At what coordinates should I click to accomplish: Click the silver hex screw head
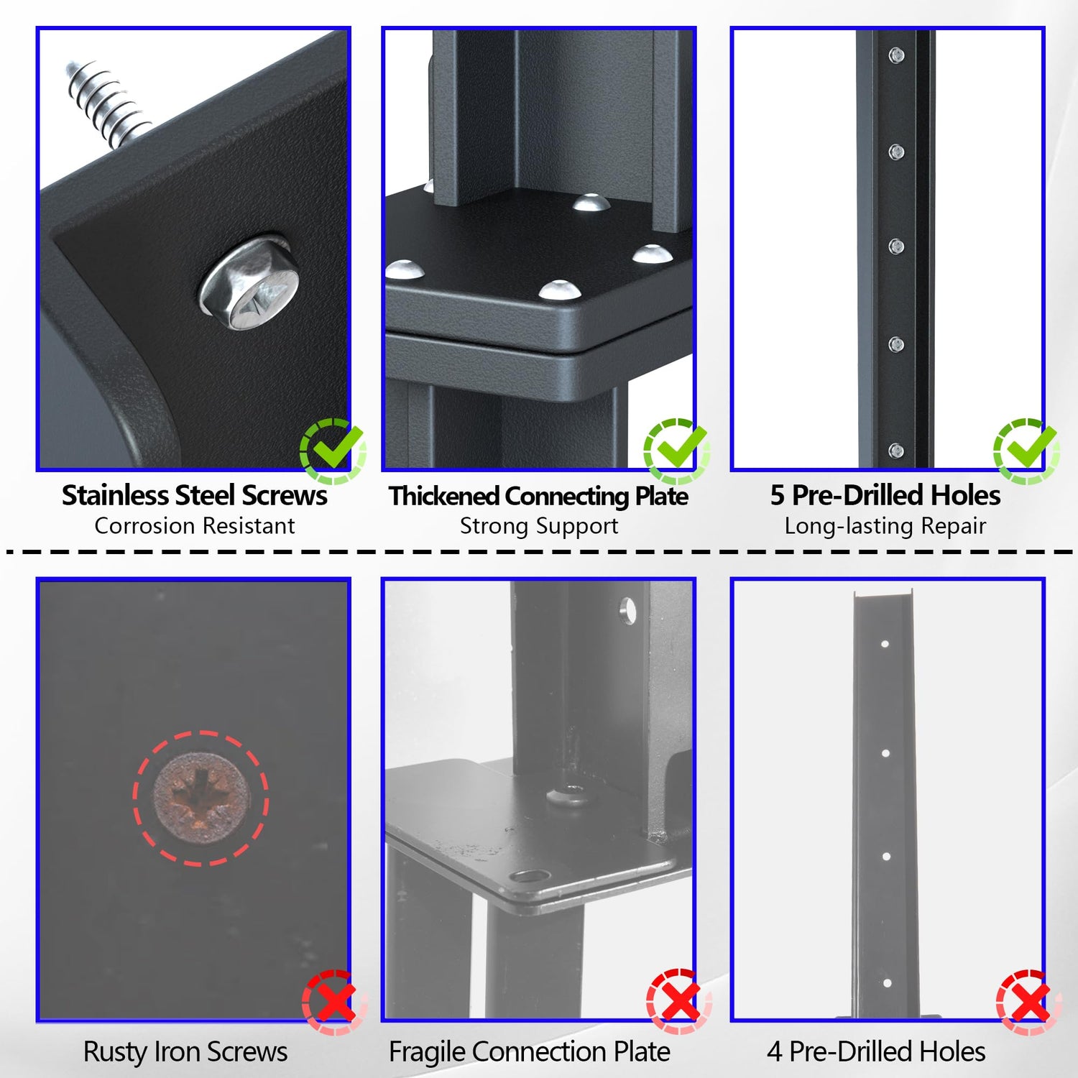tap(250, 284)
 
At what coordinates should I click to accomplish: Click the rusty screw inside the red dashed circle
tap(201, 798)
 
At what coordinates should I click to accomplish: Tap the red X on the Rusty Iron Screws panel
tap(334, 1002)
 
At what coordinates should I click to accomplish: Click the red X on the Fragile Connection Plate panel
tap(678, 1002)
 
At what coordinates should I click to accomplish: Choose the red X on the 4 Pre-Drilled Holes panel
tap(1028, 1002)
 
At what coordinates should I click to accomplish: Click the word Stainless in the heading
tap(115, 495)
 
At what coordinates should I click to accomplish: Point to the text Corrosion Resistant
tap(195, 526)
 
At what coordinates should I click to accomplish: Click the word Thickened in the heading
tap(443, 496)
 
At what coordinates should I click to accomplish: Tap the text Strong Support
tap(539, 527)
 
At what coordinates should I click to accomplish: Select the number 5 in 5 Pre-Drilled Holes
tap(777, 495)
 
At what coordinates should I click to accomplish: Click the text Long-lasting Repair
tap(885, 527)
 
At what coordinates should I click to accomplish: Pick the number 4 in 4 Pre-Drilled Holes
tap(774, 1052)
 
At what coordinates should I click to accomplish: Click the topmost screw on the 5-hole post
tap(896, 55)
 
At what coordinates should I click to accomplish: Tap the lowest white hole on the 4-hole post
tap(887, 983)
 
